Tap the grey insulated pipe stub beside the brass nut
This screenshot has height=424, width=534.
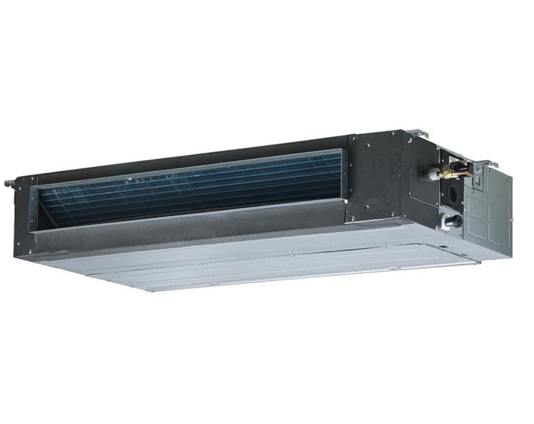coord(427,174)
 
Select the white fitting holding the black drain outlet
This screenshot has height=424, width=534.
coord(443,220)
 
